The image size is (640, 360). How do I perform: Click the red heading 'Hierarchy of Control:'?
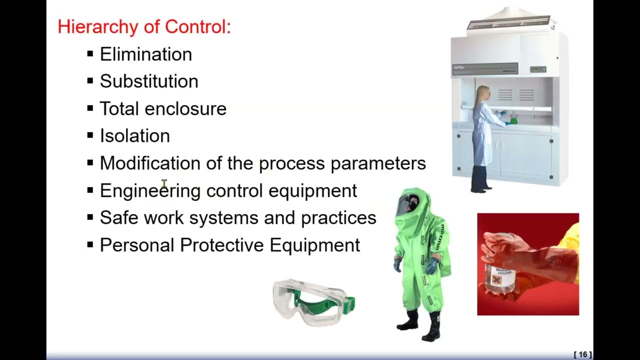point(144,26)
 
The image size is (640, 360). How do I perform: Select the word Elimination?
point(145,54)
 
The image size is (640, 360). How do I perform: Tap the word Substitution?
point(148,81)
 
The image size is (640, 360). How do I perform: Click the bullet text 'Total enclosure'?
point(163,108)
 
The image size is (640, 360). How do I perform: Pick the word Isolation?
point(134,136)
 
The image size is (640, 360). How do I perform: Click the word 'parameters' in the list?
point(378,163)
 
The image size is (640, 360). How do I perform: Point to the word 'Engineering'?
point(150,191)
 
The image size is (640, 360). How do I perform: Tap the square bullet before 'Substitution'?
point(90,81)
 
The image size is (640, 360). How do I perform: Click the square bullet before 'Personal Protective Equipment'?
point(90,244)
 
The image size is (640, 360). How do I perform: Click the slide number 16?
point(582,354)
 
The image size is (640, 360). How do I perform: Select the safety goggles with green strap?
point(313,301)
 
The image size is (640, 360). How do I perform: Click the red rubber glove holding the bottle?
point(525,250)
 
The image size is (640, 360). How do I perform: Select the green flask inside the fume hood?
point(513,119)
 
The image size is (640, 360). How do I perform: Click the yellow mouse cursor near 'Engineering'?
point(164,184)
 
